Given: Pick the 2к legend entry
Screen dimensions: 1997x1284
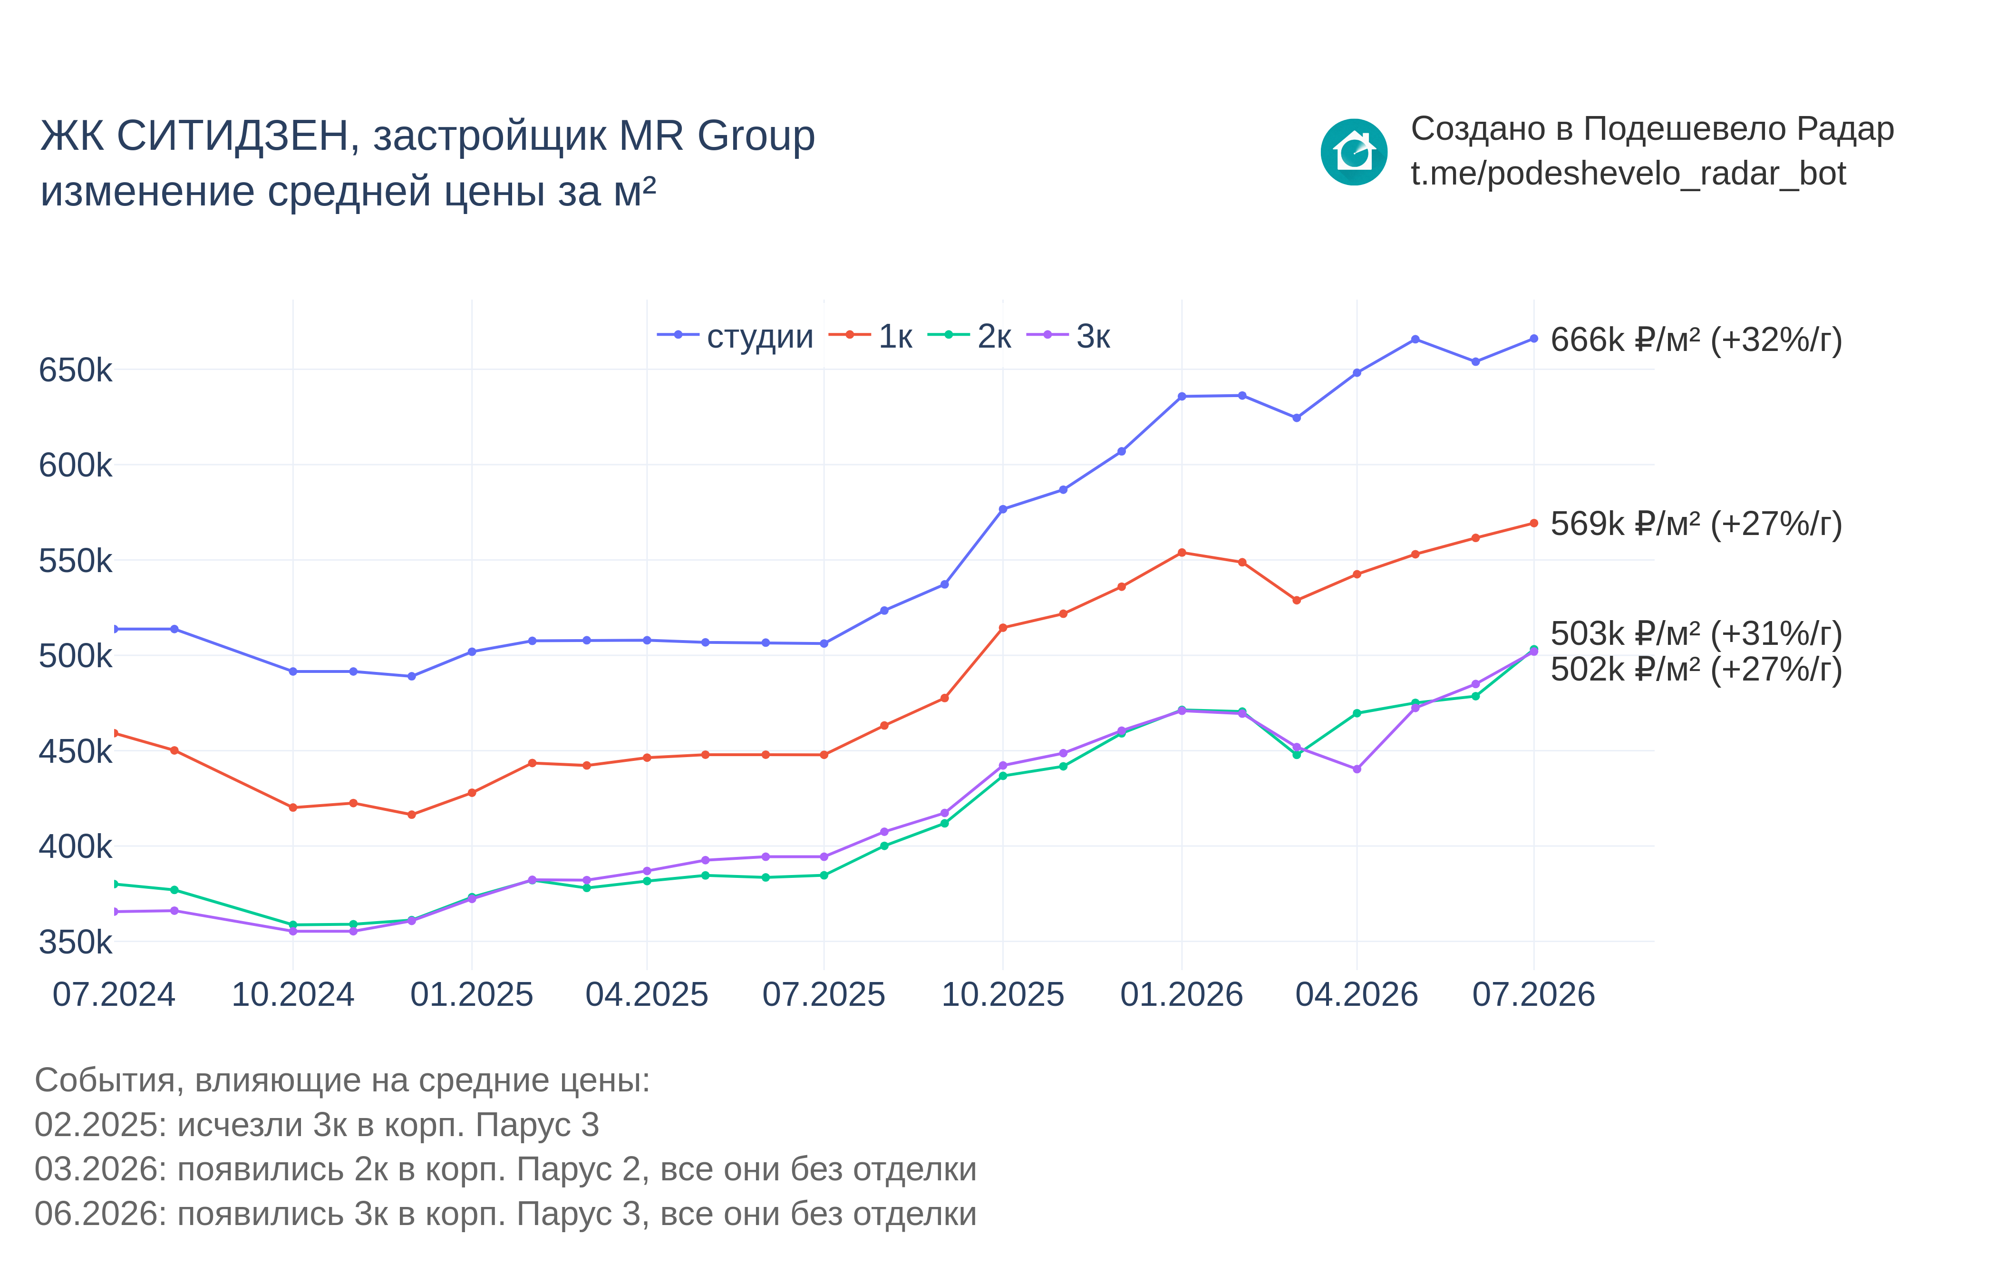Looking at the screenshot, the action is click(969, 336).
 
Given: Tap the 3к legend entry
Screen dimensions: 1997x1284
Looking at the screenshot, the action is click(1068, 336).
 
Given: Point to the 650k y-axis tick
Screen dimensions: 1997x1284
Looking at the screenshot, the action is click(75, 370).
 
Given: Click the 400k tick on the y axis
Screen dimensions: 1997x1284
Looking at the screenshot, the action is click(75, 847).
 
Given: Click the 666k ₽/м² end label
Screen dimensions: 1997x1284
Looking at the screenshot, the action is click(1696, 340).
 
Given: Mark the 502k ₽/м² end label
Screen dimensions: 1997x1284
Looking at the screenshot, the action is click(1696, 670).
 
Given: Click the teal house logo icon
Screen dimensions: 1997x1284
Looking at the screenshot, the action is click(1354, 152).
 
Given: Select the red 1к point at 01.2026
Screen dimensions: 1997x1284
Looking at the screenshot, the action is click(1181, 553).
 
